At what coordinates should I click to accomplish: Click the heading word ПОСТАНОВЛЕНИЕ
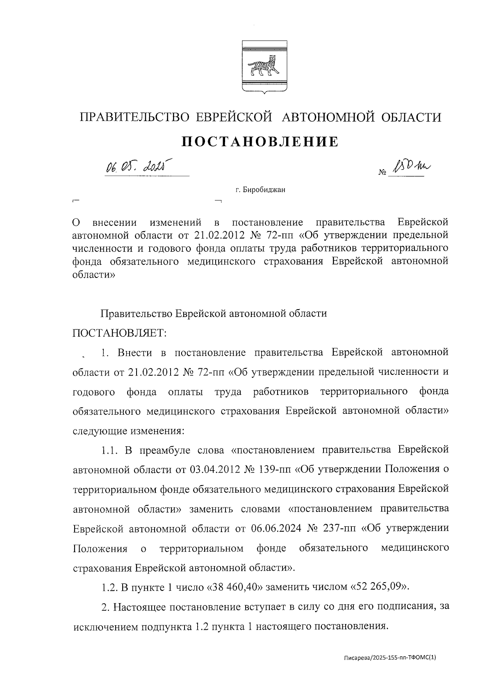click(260, 142)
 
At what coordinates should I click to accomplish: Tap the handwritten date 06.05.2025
click(139, 167)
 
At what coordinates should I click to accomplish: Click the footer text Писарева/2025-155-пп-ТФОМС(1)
click(390, 657)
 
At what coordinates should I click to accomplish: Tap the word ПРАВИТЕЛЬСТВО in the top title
click(134, 117)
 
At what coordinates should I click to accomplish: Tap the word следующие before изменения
click(100, 431)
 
